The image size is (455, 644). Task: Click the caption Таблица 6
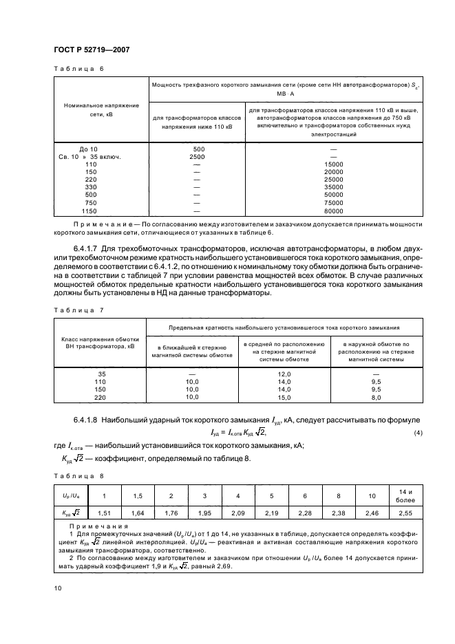(78, 69)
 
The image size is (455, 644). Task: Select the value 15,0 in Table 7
(284, 398)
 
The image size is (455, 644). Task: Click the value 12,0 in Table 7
(284, 372)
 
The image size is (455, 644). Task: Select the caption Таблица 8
(78, 475)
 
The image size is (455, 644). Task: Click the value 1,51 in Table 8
(105, 513)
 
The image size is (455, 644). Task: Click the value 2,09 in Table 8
(237, 513)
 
